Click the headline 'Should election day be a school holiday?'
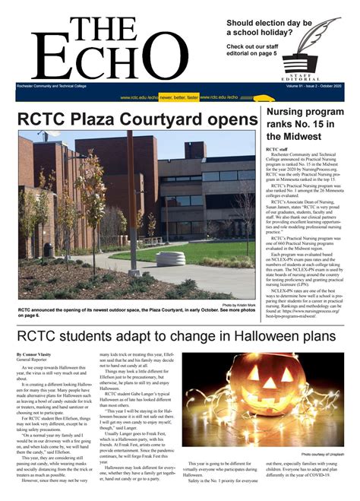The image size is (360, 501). [x=270, y=28]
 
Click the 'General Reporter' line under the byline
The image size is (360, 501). [x=33, y=361]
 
